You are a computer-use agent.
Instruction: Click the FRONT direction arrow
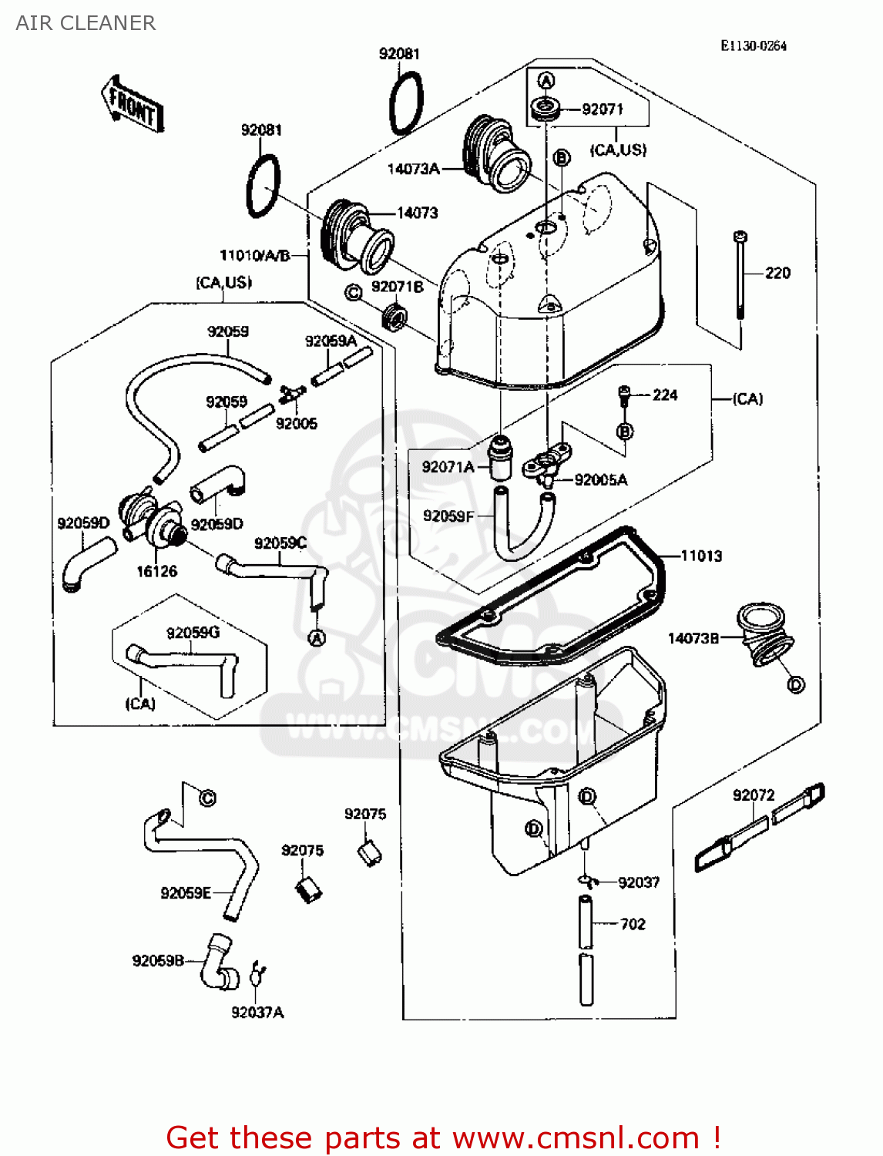(132, 106)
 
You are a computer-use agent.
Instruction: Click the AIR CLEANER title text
(86, 23)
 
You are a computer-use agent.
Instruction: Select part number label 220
(777, 273)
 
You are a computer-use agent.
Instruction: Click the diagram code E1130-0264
(753, 45)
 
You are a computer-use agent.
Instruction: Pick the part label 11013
(701, 556)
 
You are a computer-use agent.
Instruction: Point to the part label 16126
(156, 571)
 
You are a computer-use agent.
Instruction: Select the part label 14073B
(693, 638)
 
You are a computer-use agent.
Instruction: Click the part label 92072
(753, 795)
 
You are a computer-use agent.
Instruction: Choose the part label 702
(633, 924)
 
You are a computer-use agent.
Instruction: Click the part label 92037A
(257, 1012)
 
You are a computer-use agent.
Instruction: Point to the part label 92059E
(185, 892)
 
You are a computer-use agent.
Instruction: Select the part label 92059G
(193, 632)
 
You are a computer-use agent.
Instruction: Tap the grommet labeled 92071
(546, 108)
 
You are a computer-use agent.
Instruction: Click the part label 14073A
(413, 169)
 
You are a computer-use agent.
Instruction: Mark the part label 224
(664, 395)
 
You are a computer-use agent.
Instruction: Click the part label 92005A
(601, 479)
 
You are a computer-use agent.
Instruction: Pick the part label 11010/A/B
(255, 255)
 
